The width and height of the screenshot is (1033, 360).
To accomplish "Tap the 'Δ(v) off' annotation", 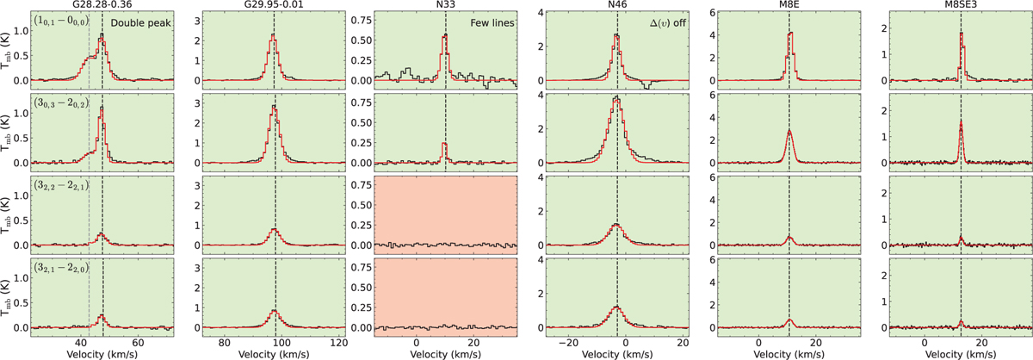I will coord(662,19).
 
